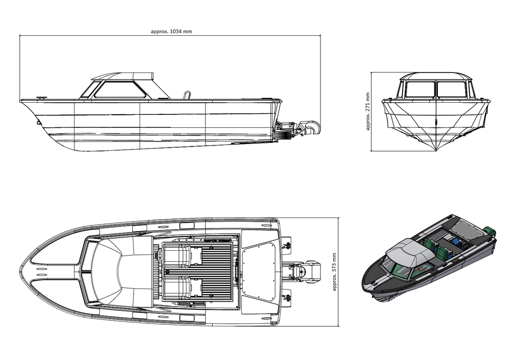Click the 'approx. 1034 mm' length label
point(171,32)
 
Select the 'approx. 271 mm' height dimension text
point(367,111)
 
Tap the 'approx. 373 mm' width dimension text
point(335,272)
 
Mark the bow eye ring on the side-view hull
point(39,123)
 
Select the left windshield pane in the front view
point(420,90)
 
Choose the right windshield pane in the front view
point(451,90)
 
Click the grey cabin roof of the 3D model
point(408,251)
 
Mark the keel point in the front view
point(436,151)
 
